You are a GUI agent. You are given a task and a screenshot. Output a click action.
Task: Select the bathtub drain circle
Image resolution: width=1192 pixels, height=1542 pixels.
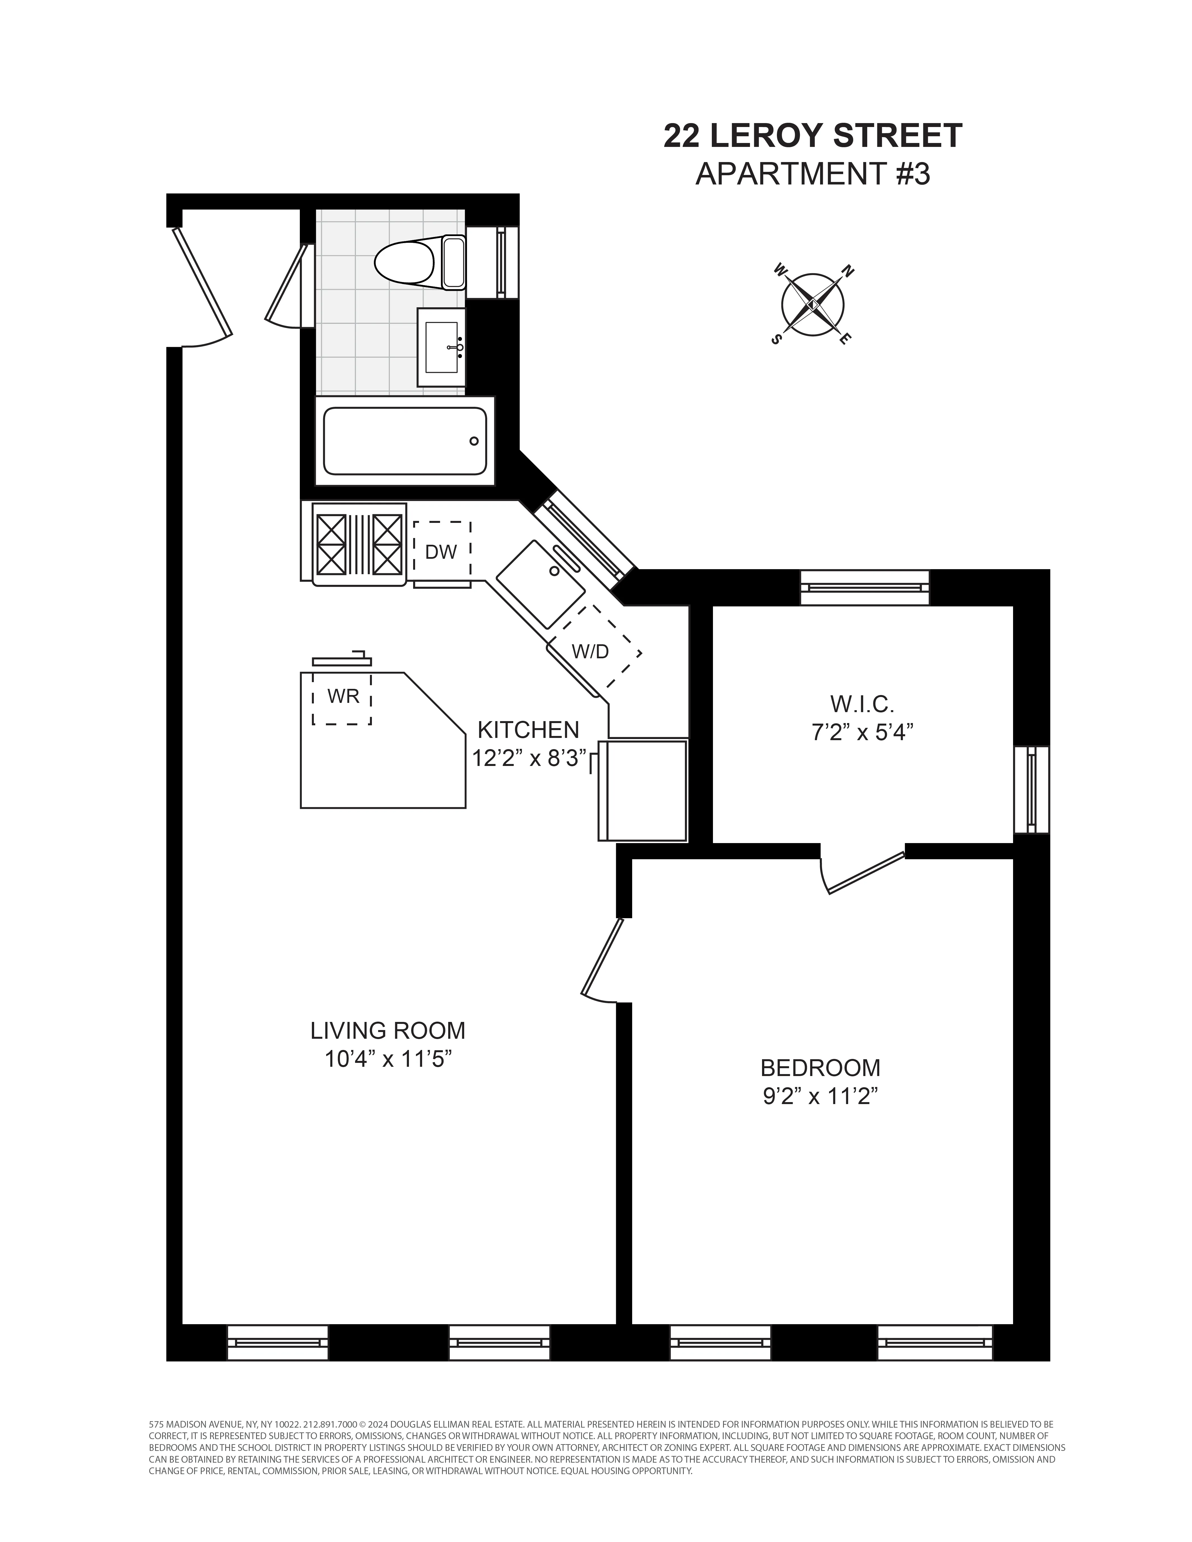click(474, 441)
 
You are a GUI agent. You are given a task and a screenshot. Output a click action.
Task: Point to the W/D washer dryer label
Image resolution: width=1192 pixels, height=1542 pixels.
click(590, 651)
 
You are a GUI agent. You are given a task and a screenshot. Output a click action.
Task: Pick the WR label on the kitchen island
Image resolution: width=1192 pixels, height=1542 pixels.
click(343, 696)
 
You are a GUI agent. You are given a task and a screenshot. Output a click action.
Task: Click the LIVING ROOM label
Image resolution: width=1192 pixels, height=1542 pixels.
click(388, 1031)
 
